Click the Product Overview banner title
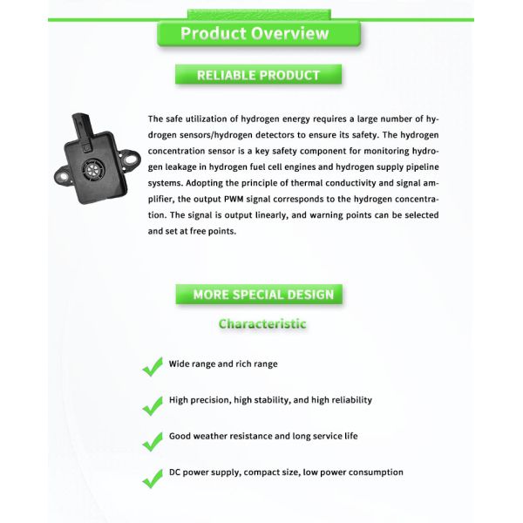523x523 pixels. pos(255,34)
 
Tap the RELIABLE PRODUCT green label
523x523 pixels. pos(258,75)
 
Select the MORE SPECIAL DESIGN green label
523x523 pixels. pos(262,295)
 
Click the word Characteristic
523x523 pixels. pos(262,323)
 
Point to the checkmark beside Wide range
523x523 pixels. pos(153,366)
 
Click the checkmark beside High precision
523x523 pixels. pos(153,403)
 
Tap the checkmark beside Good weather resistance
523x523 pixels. pos(153,439)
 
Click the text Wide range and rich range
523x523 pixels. pos(223,363)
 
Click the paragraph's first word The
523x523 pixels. pos(155,119)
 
